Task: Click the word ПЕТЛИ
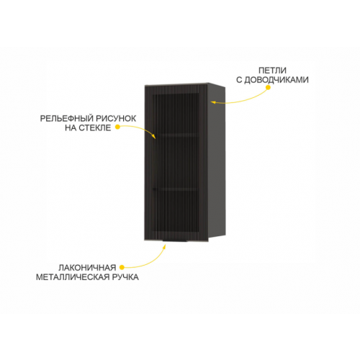pos(272,71)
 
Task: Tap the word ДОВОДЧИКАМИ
pos(276,80)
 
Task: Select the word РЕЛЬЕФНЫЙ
pos(66,119)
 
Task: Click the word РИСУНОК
pos(116,119)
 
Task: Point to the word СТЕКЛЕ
pos(95,128)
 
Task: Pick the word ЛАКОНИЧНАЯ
pos(87,268)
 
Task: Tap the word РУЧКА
pos(127,277)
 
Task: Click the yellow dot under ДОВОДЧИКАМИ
pos(269,87)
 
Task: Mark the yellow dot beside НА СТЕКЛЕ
pos(117,127)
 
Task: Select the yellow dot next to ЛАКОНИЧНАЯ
pos(122,267)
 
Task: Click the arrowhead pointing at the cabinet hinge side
pos(213,102)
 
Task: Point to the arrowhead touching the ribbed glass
pos(154,136)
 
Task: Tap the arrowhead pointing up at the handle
pos(164,247)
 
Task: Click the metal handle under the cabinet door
pos(175,240)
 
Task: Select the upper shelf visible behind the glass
pos(177,135)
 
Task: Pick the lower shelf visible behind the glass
pos(176,189)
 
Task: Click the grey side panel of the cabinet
pos(217,161)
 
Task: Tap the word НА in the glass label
pos(71,128)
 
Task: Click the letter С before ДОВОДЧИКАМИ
pos(239,80)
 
